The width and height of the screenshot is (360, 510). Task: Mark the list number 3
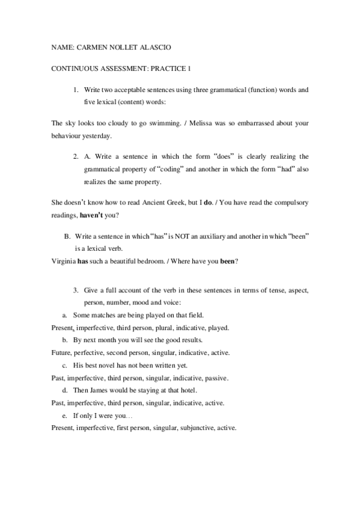(76, 290)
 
